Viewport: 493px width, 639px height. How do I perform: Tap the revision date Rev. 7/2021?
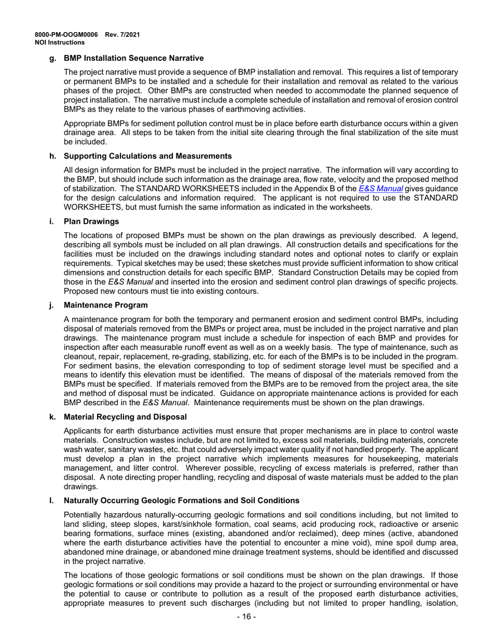(x=122, y=35)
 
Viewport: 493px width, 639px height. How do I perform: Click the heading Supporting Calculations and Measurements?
(x=147, y=155)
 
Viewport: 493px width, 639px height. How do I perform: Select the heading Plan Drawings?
(x=91, y=222)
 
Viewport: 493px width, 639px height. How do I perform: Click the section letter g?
(x=51, y=59)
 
